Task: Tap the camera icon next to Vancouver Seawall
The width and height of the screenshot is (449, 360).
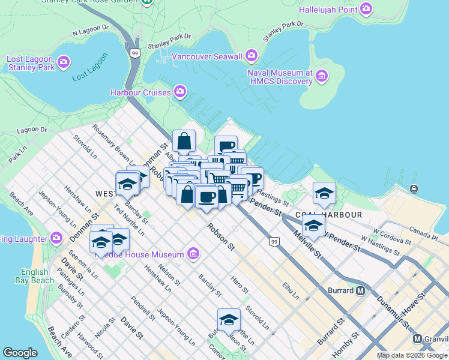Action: [251, 56]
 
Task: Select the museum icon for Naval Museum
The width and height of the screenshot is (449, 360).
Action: [322, 76]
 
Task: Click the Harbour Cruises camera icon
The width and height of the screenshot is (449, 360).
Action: [179, 92]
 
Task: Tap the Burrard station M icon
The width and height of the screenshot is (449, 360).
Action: [360, 291]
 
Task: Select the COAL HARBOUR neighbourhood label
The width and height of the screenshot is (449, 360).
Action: [328, 214]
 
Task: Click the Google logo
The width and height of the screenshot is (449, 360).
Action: [20, 353]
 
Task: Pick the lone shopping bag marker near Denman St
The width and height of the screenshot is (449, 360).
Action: [184, 142]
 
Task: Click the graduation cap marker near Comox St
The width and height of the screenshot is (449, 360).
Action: [229, 320]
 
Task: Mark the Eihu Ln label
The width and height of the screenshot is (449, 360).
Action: [292, 292]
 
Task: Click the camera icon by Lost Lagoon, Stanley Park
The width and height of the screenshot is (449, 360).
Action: [64, 62]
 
